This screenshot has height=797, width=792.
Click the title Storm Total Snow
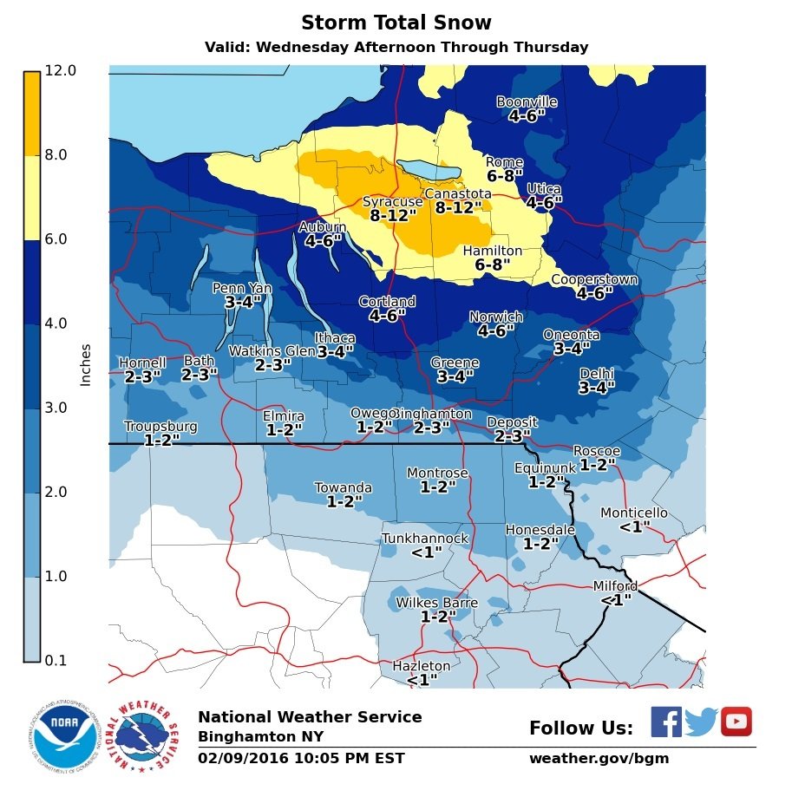[396, 23]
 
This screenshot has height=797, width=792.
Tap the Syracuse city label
[392, 202]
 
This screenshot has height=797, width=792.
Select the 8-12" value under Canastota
[458, 208]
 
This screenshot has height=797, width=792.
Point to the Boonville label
[527, 102]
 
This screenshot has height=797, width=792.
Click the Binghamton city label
[434, 414]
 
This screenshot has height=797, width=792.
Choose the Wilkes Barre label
[437, 603]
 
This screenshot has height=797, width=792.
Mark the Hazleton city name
[422, 666]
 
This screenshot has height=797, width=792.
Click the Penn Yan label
[242, 288]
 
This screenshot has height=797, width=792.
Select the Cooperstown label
[594, 280]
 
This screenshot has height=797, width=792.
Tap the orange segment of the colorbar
[31, 113]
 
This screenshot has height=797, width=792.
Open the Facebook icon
[665, 722]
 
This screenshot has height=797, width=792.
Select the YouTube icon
[736, 722]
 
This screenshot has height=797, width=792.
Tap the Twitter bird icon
[701, 722]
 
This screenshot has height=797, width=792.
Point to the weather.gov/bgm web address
[599, 759]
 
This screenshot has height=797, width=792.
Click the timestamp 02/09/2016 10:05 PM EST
[301, 759]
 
